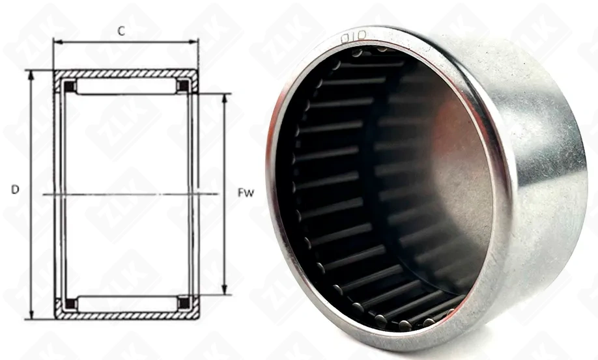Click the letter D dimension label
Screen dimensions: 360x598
coord(15,190)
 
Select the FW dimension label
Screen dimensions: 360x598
coord(246,193)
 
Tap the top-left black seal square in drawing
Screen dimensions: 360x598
coord(69,86)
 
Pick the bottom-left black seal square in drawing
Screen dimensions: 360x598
coord(69,303)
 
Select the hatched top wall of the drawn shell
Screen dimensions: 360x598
coord(126,74)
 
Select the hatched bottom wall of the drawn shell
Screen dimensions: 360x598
coord(126,316)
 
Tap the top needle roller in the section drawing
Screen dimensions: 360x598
coord(126,87)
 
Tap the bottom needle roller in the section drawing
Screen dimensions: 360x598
coord(126,303)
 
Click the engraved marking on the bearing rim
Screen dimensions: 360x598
coord(354,37)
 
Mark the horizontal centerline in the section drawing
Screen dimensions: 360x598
coord(130,194)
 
